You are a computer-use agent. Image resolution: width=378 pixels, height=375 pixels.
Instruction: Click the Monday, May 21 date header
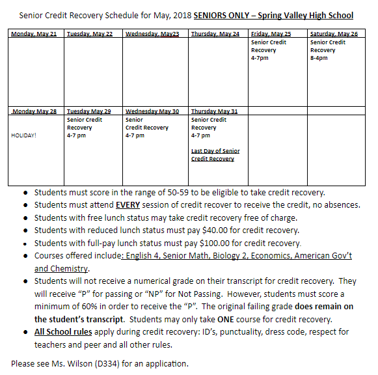click(34, 33)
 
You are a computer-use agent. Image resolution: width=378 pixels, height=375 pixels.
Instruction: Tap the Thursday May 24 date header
click(215, 33)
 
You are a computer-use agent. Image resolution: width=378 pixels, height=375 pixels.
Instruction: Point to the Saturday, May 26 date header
click(334, 33)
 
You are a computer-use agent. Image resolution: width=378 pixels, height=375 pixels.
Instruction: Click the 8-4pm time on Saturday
click(319, 58)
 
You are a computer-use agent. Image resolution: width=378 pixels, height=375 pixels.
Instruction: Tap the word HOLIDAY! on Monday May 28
click(24, 135)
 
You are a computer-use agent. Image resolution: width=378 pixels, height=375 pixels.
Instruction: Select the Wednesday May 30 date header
click(152, 111)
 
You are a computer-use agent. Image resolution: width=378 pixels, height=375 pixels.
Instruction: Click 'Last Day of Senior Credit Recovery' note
click(215, 155)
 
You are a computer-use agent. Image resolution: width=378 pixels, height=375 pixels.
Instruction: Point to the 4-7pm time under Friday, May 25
click(260, 58)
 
